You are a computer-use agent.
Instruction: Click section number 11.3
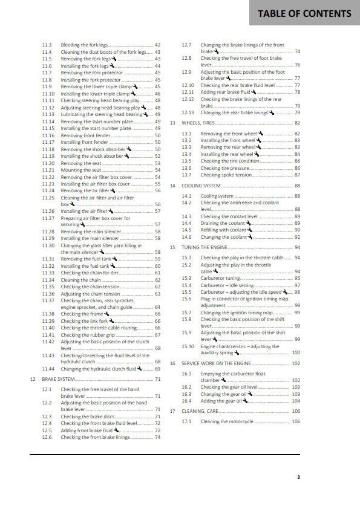coord(47,45)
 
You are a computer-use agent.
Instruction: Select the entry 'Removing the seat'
coord(80,163)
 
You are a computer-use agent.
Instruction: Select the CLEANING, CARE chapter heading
coord(200,411)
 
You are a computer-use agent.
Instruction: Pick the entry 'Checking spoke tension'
coord(227,175)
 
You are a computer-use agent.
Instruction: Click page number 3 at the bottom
coord(298,478)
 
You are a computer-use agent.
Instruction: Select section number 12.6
coord(47,437)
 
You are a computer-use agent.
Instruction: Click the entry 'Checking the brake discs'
coord(87,417)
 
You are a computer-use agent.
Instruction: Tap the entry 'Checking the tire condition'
coord(231,161)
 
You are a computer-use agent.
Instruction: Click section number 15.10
coord(188,346)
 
